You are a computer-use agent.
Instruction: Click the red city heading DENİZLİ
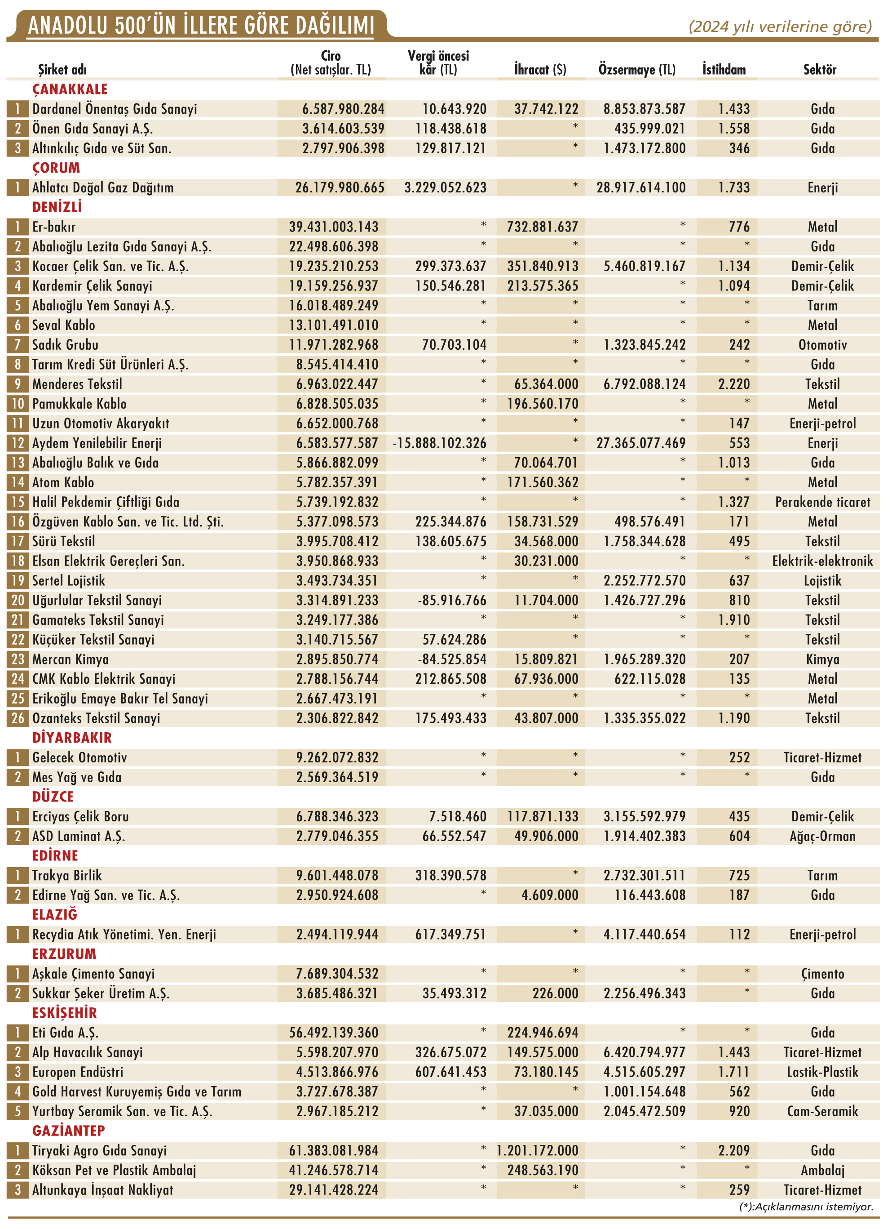pyautogui.click(x=57, y=207)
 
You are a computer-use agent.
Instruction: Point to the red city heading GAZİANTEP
pyautogui.click(x=68, y=1131)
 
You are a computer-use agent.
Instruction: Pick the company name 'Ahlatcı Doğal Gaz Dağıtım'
pyautogui.click(x=103, y=187)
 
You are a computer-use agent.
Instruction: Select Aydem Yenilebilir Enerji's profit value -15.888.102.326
pyautogui.click(x=439, y=443)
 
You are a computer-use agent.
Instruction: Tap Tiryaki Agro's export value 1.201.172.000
pyautogui.click(x=537, y=1150)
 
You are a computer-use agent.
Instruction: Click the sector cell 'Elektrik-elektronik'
pyautogui.click(x=822, y=561)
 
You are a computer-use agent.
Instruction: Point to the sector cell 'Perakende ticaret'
pyautogui.click(x=822, y=502)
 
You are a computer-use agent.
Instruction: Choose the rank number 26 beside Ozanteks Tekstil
pyautogui.click(x=18, y=718)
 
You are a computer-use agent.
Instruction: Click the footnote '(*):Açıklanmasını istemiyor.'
pyautogui.click(x=806, y=1207)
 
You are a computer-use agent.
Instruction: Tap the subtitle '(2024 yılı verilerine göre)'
pyautogui.click(x=780, y=27)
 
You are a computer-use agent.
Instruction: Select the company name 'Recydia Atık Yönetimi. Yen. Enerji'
pyautogui.click(x=124, y=934)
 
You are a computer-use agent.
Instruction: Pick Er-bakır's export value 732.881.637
pyautogui.click(x=542, y=227)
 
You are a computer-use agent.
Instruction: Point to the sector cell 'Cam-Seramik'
pyautogui.click(x=822, y=1111)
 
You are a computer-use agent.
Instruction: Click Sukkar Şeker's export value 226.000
pyautogui.click(x=555, y=993)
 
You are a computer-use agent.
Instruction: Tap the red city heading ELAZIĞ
pyautogui.click(x=55, y=915)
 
